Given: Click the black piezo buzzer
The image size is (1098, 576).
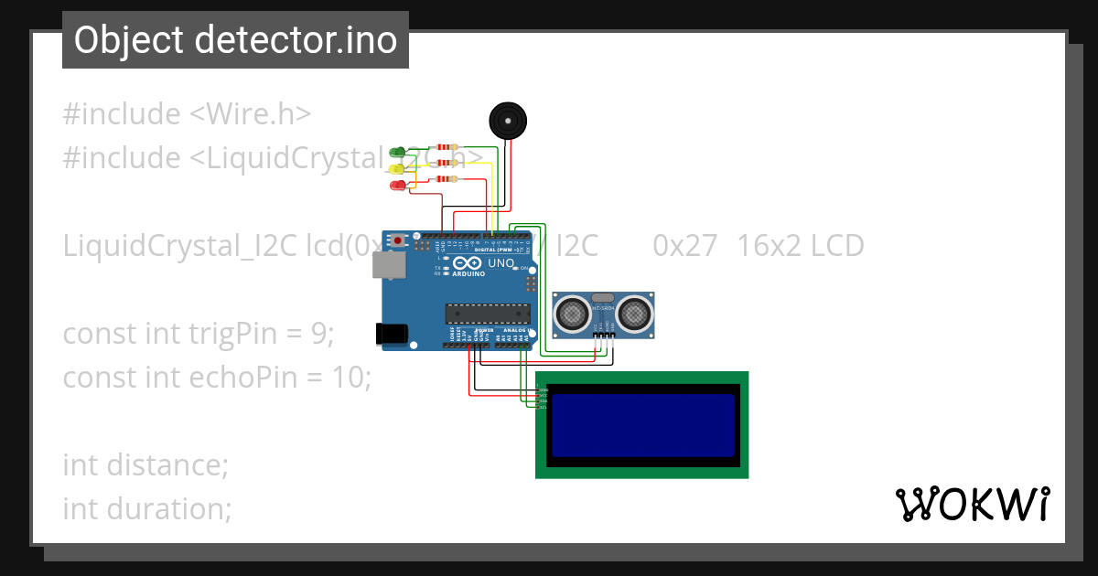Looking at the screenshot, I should [509, 121].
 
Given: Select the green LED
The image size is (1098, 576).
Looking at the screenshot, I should [397, 152].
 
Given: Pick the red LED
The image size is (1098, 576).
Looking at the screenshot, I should [397, 186].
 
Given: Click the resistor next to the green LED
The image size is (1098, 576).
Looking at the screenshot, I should [447, 147].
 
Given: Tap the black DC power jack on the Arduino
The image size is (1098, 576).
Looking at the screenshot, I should [392, 335].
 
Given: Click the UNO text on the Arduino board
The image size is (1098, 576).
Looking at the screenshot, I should [501, 263].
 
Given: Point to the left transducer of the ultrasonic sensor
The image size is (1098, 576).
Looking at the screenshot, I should [573, 315].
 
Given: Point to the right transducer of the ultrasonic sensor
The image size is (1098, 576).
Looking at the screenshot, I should [634, 315].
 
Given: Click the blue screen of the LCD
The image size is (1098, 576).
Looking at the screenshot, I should [643, 425].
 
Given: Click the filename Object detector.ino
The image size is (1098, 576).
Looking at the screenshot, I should [235, 40].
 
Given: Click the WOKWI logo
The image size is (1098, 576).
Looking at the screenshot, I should [972, 505].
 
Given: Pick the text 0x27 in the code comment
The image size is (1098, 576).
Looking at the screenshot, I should [684, 246].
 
